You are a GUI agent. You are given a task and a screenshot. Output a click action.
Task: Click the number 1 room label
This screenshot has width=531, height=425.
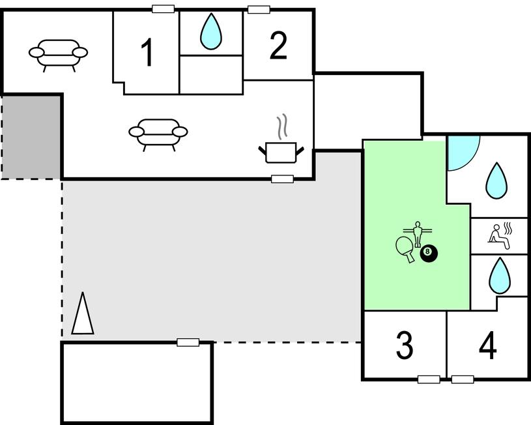point(148,53)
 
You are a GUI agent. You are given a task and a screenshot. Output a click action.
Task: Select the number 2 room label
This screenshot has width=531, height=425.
point(278,46)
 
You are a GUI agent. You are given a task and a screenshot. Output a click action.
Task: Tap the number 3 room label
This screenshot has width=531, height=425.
point(405,345)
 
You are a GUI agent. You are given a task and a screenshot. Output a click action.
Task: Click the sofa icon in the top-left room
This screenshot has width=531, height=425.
point(58,53)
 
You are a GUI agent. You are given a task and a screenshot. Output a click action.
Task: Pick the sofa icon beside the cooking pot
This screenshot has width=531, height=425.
point(158,133)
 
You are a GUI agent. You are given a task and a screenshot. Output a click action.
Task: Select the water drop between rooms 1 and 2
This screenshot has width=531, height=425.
point(210,33)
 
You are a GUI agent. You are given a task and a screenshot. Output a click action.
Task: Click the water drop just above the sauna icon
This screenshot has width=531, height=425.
point(496,181)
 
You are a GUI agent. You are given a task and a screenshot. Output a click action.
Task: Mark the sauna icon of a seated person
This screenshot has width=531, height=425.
point(500,235)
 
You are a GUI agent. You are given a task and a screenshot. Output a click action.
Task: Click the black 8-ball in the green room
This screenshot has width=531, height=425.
point(428,252)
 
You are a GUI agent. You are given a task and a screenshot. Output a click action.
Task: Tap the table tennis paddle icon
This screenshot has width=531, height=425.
point(405,248)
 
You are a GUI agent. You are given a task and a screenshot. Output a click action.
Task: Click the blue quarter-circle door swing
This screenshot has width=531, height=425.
point(461,151)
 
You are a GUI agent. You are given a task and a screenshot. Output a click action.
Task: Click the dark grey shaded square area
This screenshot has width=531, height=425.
point(31,136)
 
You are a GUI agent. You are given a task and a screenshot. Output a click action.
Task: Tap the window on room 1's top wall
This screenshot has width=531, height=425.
point(163,9)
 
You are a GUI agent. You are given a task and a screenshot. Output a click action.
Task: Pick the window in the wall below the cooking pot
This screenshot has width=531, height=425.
point(282,179)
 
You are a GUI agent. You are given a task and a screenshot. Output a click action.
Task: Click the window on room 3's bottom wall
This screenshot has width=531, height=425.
point(428,379)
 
